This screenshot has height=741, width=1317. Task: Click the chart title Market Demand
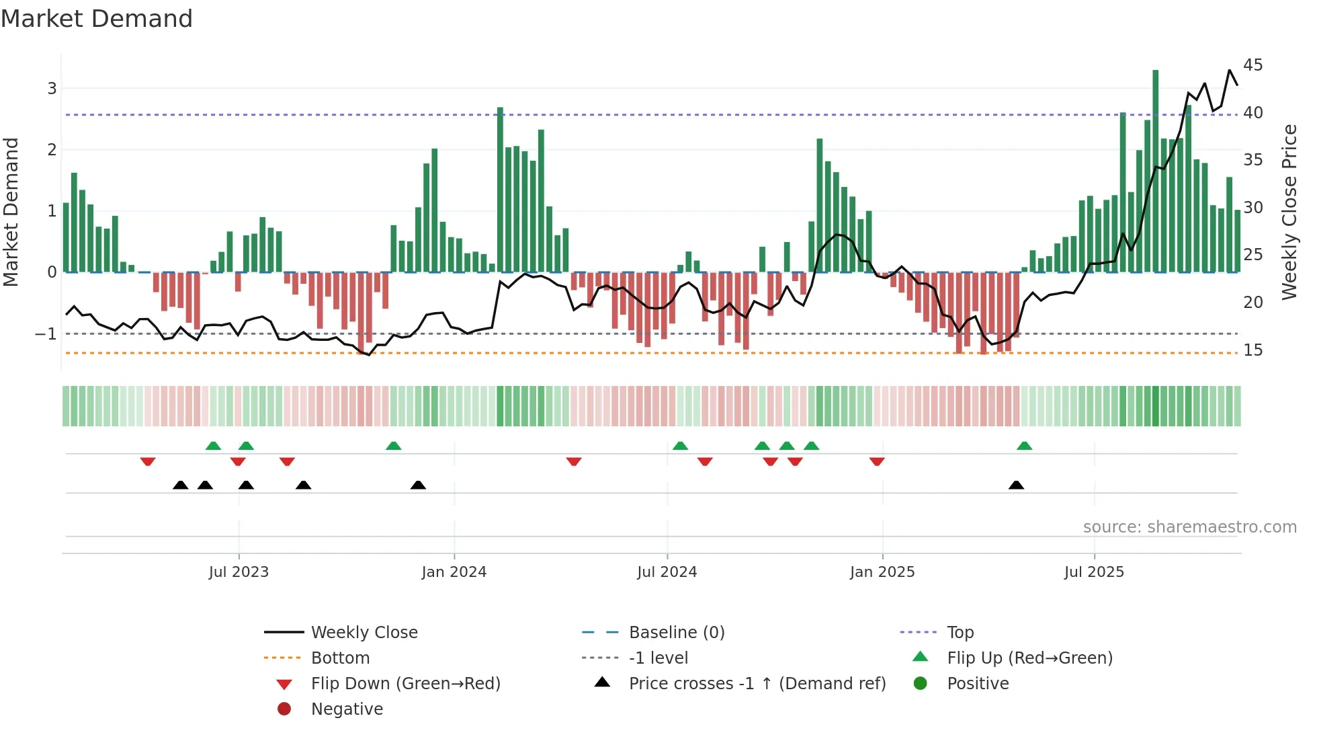(x=97, y=19)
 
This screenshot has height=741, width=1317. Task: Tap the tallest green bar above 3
(x=1155, y=168)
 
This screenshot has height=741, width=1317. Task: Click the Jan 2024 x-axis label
(x=454, y=572)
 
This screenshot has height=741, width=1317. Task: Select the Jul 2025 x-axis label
(x=1093, y=572)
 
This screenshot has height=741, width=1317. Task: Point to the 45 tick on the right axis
(x=1252, y=65)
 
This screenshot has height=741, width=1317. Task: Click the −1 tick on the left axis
(x=46, y=334)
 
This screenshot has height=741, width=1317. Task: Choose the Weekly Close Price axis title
(x=1289, y=212)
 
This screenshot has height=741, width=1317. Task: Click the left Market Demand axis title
(x=11, y=212)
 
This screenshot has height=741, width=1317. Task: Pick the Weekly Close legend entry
(x=364, y=633)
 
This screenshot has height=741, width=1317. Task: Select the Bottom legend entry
(x=340, y=658)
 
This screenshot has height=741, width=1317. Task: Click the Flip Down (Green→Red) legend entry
(x=405, y=684)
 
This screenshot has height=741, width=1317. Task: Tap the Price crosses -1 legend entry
(x=757, y=684)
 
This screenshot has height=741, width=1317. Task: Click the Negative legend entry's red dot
(x=284, y=709)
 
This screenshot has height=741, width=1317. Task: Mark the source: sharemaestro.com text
(x=1189, y=527)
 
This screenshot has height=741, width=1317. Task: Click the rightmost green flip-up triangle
(x=1024, y=446)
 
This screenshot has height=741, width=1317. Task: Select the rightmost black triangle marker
(x=1016, y=485)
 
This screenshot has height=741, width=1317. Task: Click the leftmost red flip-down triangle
(x=148, y=461)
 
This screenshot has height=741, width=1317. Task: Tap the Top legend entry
(x=960, y=633)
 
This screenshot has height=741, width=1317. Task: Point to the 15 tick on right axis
(x=1252, y=350)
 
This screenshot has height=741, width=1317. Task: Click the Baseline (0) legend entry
(x=676, y=633)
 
